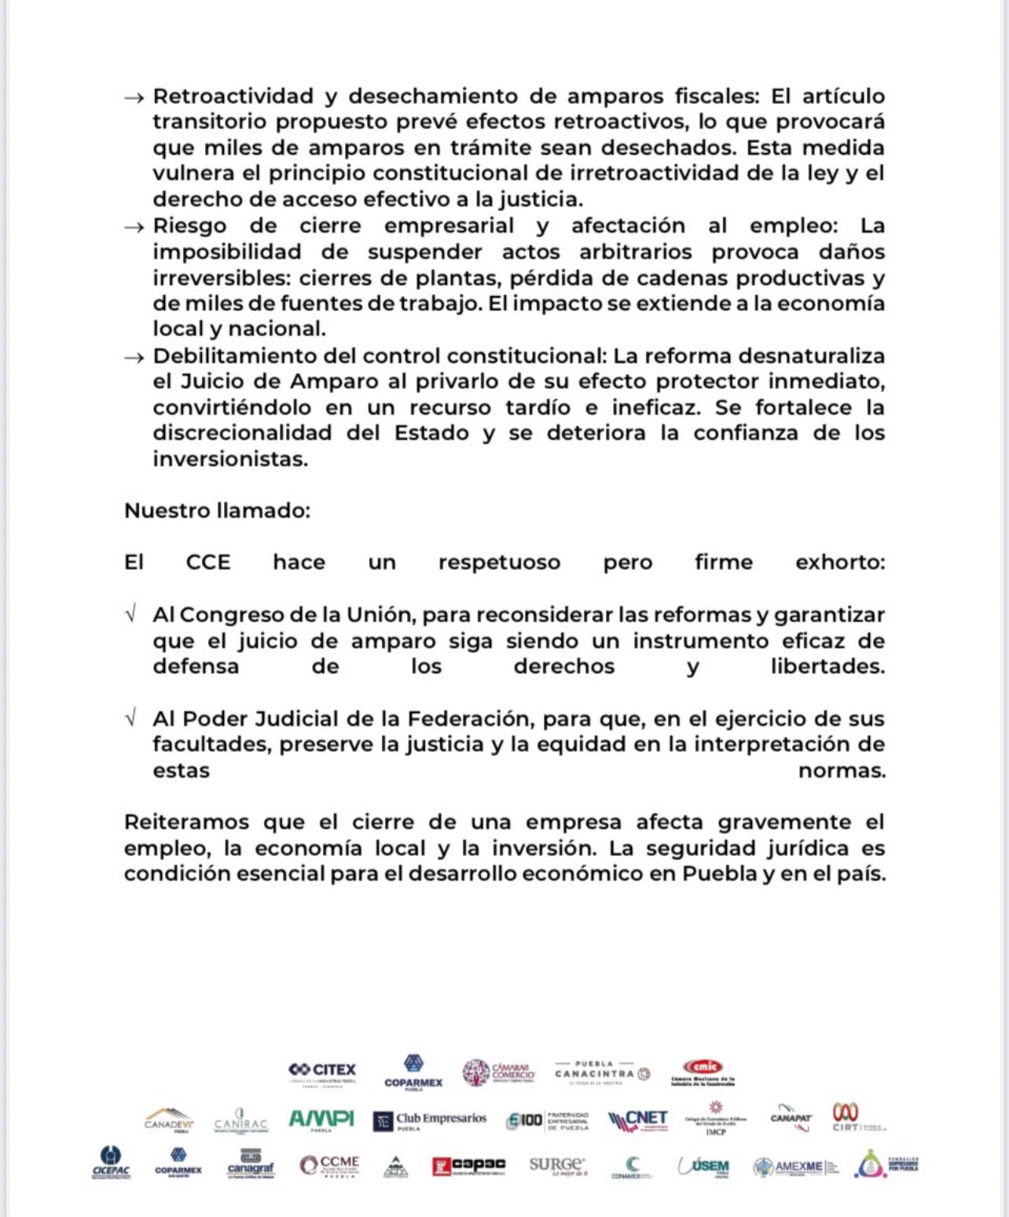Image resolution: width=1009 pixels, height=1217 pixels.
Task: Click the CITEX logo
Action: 322,1072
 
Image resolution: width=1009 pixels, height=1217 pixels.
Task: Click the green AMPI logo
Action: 321,1120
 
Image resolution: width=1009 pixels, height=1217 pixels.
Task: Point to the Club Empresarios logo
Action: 430,1120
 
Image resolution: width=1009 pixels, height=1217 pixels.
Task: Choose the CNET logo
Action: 638,1120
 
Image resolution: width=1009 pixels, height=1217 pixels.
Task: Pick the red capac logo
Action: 468,1166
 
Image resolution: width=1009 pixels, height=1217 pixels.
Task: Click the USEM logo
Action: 704,1167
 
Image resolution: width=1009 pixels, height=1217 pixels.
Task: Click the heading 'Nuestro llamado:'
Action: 217,511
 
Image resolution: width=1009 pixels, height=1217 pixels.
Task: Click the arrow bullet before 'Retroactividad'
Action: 134,97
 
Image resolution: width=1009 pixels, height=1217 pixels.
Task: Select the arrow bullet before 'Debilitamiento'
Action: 134,357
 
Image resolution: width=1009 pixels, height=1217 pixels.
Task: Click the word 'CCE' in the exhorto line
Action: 208,563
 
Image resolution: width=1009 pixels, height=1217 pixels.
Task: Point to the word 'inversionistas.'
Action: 230,459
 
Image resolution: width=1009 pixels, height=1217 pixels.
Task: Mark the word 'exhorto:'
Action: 840,563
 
